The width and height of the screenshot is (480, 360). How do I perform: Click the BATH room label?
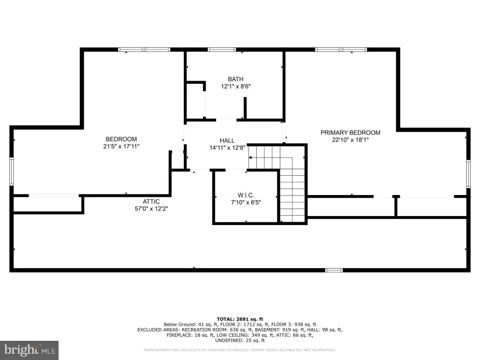coord(235,79)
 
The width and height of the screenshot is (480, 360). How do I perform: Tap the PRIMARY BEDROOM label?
coord(350,133)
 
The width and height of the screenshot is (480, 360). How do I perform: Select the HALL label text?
coord(227,141)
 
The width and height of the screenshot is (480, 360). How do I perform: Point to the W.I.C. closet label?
coord(246,195)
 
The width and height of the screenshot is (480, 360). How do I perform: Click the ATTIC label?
coord(151,202)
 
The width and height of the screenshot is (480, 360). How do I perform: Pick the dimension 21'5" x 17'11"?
coord(121,146)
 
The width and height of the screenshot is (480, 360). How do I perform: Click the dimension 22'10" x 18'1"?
coord(350,140)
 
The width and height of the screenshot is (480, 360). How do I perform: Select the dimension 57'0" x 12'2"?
coord(151,209)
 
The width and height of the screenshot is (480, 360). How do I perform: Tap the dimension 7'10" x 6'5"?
coord(246,202)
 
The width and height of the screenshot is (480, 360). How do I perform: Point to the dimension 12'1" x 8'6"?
coord(236,86)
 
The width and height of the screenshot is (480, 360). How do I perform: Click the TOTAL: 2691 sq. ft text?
coord(240,319)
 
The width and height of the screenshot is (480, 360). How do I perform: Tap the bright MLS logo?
coord(30,350)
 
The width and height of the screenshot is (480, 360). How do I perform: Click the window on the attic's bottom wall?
coord(334,270)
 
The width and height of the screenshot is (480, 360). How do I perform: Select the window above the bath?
coord(222,50)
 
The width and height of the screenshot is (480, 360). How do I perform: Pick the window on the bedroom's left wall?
coord(12,172)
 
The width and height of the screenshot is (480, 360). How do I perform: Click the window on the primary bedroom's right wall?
coord(468,173)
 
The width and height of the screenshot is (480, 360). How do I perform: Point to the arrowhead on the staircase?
coord(250,157)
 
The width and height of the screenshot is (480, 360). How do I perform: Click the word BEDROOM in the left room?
coord(121,139)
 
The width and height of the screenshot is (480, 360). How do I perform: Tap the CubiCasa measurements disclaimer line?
coord(240,350)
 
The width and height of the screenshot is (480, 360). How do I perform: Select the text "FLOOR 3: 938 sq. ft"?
coord(293,324)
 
